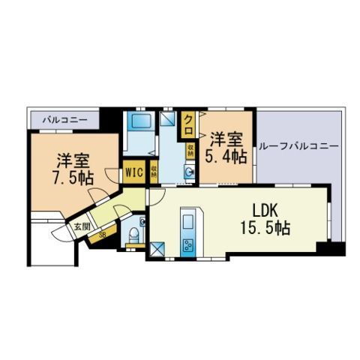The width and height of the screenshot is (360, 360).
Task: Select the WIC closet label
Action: [135, 172]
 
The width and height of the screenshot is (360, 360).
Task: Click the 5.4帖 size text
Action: [227, 157]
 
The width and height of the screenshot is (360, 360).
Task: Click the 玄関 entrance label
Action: [82, 226]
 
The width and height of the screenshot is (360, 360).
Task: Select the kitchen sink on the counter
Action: [187, 222]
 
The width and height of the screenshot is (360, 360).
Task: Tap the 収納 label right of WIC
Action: [153, 172]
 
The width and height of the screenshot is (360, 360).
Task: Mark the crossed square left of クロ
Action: [168, 118]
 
